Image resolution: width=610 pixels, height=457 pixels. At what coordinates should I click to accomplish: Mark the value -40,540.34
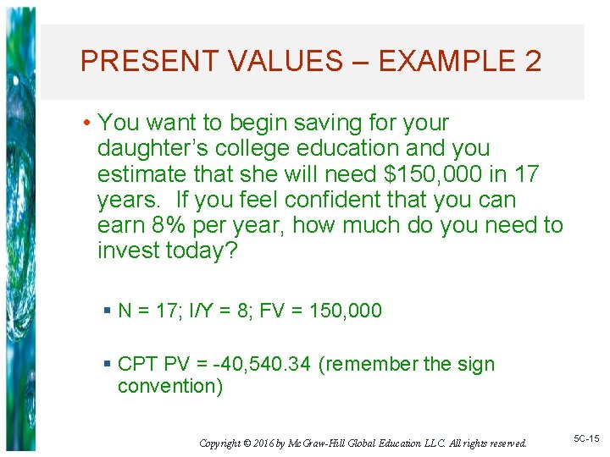263,365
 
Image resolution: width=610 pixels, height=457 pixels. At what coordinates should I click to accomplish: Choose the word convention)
170,387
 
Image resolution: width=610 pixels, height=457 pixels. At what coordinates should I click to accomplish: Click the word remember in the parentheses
373,365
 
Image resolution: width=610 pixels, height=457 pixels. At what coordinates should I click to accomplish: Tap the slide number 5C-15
586,438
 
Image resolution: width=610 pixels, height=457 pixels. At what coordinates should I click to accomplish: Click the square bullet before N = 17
107,311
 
